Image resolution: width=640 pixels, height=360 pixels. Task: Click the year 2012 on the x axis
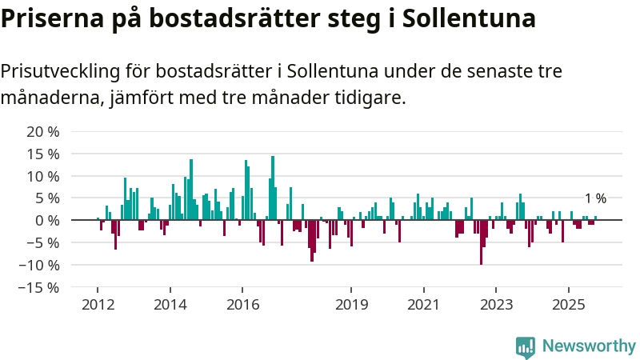tap(98, 305)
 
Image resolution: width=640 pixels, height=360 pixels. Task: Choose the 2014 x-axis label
tap(170, 305)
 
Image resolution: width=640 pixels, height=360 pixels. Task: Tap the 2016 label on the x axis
tap(242, 305)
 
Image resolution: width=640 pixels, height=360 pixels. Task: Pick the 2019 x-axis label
tap(351, 305)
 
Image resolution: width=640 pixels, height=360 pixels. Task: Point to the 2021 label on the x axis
tap(423, 305)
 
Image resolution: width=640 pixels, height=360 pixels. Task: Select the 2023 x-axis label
tap(496, 305)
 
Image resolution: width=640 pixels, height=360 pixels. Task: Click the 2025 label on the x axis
tap(568, 305)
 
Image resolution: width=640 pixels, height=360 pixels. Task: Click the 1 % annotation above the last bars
tap(595, 198)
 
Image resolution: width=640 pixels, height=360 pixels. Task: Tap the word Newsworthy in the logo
tap(588, 346)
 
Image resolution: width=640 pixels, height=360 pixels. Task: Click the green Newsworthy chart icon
tap(526, 346)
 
